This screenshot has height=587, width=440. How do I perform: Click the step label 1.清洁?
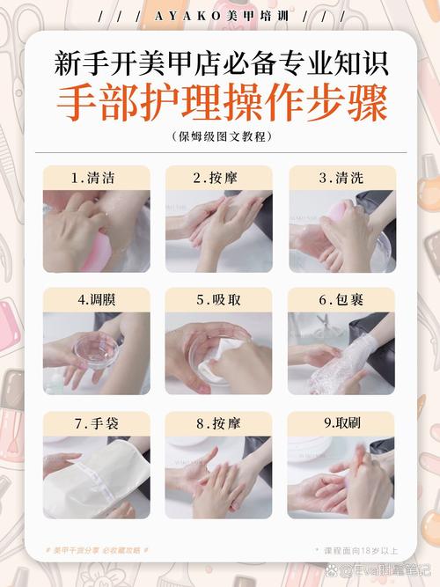96,178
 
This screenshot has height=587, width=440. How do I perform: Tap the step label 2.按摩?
218,178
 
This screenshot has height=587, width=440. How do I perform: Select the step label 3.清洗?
341,178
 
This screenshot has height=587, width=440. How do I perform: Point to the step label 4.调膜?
96,299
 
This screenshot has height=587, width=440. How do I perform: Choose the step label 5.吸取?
218,299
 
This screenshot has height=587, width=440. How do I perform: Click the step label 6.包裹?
341,299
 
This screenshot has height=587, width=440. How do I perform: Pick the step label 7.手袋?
96,422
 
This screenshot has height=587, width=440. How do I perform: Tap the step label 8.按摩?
218,422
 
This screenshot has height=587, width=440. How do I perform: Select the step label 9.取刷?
341,422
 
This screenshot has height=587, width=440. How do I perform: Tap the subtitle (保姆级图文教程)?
221,136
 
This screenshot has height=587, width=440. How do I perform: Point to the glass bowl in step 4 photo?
92,348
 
